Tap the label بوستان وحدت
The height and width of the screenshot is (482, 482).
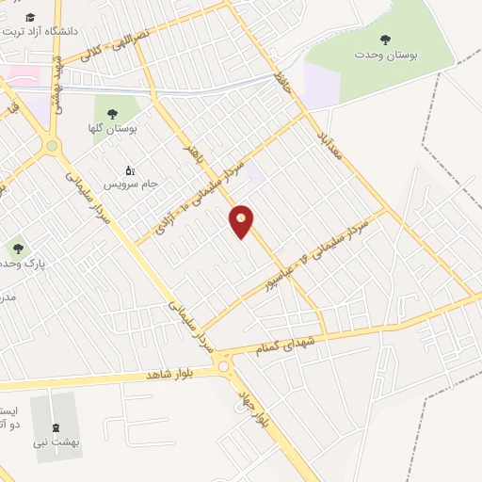(x=385, y=56)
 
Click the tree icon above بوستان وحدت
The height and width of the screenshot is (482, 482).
(x=384, y=39)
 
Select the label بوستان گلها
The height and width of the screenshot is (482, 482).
(x=119, y=129)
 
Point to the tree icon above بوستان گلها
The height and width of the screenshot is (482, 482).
(x=119, y=112)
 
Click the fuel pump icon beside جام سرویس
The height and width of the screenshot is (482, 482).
(x=130, y=170)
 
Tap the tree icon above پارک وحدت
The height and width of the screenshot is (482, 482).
(x=18, y=249)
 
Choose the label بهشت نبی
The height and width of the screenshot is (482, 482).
(x=56, y=441)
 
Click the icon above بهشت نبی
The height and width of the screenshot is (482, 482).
(x=56, y=425)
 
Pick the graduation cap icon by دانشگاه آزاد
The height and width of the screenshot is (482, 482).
(x=31, y=18)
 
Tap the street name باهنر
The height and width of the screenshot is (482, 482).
(x=196, y=153)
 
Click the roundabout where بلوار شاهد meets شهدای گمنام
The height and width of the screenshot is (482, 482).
(x=223, y=364)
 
